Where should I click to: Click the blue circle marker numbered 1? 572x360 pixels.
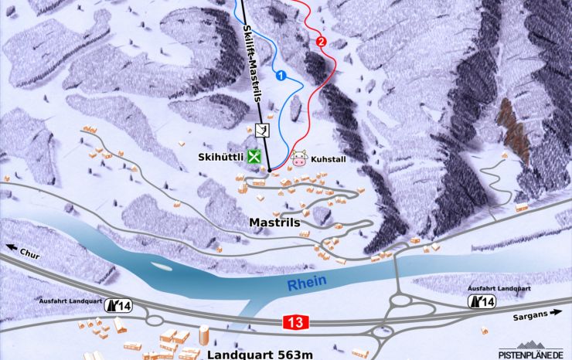coord(281,75)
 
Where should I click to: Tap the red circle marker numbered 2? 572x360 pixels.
coord(322,41)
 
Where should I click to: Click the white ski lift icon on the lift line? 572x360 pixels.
coord(262,130)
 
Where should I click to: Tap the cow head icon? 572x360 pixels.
coord(298,159)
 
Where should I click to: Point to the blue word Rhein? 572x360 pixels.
coord(307,284)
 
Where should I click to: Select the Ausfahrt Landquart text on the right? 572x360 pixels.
coord(499,287)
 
